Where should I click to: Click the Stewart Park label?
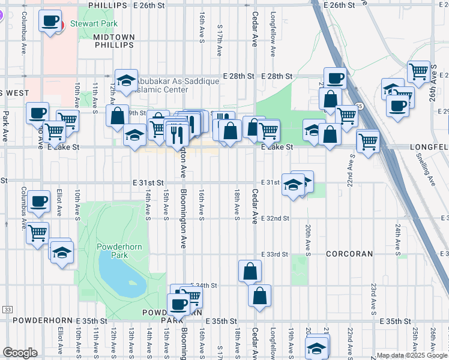(91, 25)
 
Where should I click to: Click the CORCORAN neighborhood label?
(349, 254)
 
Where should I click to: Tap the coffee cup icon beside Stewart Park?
(49, 22)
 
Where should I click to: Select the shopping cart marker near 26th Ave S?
(418, 72)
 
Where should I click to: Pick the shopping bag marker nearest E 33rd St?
(250, 271)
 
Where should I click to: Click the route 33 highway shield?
(7, 309)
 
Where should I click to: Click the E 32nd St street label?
(275, 218)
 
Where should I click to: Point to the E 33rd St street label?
(274, 254)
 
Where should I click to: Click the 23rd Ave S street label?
(373, 299)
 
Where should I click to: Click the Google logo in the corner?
(20, 353)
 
